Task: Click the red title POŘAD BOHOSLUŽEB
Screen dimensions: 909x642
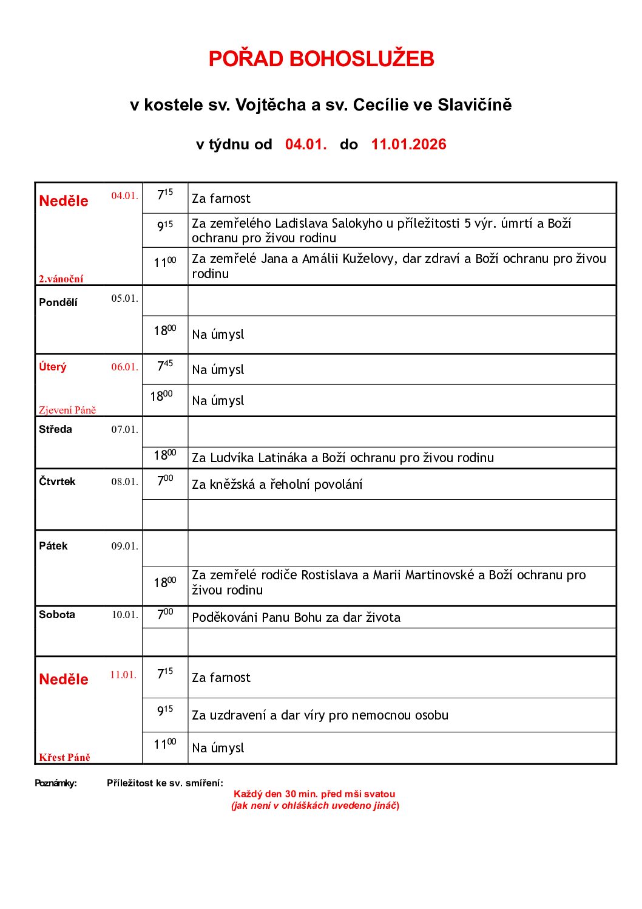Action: coord(321,59)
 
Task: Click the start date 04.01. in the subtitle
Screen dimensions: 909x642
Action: coord(306,145)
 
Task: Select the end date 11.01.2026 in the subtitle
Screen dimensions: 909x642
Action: coord(408,145)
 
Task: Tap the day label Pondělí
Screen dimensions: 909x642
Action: coord(58,302)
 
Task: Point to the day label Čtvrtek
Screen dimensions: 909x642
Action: coord(57,482)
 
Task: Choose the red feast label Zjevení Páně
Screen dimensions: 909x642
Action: coord(67,410)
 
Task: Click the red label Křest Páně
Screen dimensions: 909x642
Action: coord(64,757)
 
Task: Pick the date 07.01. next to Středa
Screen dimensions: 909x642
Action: coord(124,429)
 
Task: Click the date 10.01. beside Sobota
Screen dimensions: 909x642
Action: coord(124,615)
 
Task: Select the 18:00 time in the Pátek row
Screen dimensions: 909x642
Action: coord(165,582)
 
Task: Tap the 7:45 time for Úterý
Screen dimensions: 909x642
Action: coord(165,366)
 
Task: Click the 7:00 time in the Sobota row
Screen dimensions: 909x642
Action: coord(165,614)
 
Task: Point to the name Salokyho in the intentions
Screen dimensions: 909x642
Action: coord(357,223)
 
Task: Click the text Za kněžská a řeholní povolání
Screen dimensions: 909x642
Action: coord(277,485)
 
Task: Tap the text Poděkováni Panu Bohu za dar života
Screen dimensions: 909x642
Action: coord(296,618)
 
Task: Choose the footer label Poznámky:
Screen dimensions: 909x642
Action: coord(56,783)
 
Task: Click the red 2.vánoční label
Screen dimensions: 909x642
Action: coord(61,279)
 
